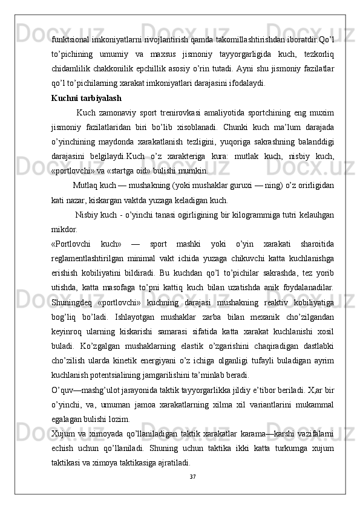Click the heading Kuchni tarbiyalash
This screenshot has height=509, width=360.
[x=86, y=97]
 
